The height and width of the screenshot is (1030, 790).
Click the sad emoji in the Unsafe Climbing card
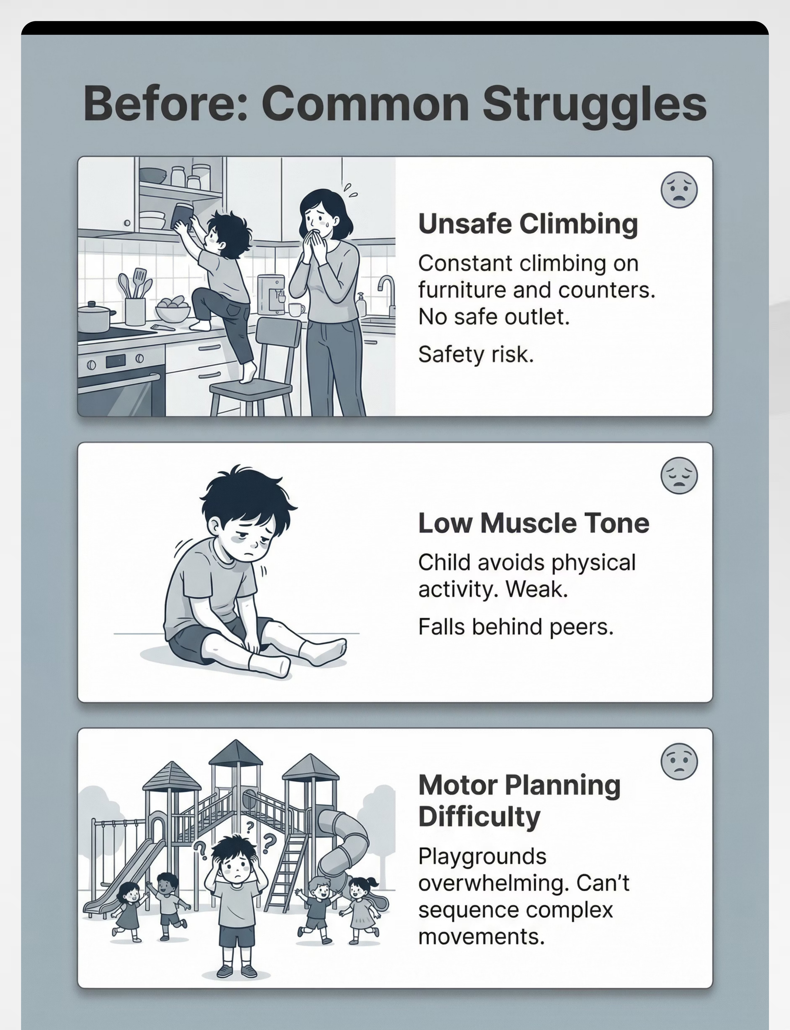pos(679,189)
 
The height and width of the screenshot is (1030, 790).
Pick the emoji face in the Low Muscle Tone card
pos(679,475)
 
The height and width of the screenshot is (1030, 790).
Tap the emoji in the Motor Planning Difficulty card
pos(679,761)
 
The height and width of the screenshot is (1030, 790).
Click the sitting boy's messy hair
pos(247,494)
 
